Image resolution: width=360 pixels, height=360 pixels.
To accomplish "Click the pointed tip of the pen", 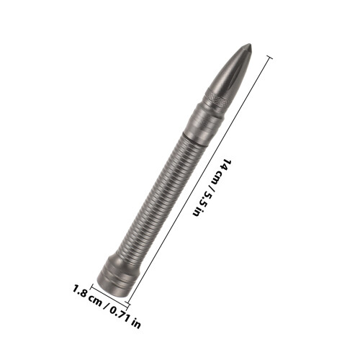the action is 251,45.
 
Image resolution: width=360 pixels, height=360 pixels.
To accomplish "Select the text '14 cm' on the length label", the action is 221,170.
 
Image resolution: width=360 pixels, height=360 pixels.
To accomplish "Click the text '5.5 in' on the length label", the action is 201,204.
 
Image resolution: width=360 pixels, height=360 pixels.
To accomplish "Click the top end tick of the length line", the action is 270,58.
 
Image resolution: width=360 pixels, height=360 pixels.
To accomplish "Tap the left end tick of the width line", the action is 92,287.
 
